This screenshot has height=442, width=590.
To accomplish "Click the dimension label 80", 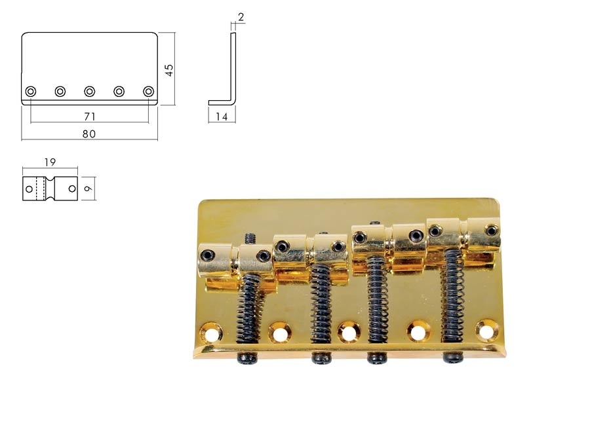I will tap(88, 133).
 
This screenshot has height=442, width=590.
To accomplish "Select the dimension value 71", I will tap(90, 116).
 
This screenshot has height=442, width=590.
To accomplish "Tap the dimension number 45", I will tap(169, 69).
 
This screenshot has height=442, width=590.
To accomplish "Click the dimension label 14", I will tap(221, 117).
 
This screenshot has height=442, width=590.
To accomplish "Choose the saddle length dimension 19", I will tap(50, 161).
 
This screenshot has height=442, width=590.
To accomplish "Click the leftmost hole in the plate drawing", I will tap(31, 91).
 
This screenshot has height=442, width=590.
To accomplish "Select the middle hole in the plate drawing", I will tap(90, 91).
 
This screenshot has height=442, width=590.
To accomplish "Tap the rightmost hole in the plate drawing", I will tap(149, 91).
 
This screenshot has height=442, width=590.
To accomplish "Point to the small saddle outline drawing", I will tap(50, 189).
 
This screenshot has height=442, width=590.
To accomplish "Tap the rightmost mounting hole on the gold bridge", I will tap(486, 330).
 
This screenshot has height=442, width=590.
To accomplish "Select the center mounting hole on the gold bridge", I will tap(347, 331).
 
